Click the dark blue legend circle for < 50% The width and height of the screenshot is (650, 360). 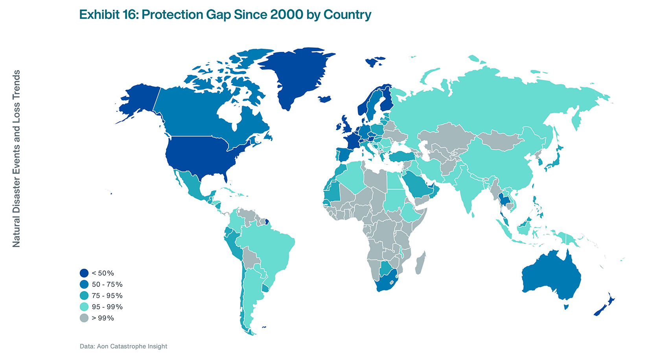coord(84,273)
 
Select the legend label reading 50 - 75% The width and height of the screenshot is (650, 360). coord(107,284)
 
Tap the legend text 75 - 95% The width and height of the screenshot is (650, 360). coord(107,295)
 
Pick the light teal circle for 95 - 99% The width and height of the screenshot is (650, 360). coord(84,307)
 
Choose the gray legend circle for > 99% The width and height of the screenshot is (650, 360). coord(84,318)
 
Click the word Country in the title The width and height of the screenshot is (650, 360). coord(347,15)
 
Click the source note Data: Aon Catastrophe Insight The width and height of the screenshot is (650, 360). coord(123,346)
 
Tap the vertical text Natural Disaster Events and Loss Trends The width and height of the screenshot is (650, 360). coord(16,159)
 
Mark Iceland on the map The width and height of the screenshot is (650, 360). coord(325,99)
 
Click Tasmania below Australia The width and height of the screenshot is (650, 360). coord(566,307)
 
